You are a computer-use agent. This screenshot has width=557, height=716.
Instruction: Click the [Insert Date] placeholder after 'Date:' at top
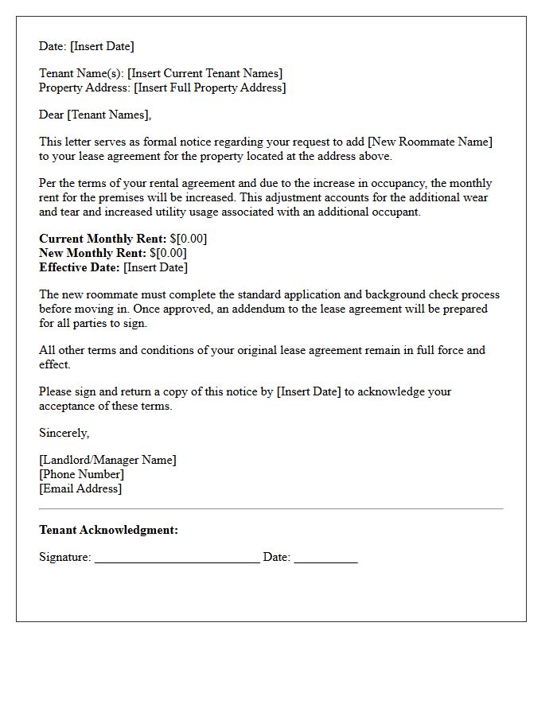click(102, 46)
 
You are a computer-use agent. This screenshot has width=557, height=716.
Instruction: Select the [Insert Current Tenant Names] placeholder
click(204, 73)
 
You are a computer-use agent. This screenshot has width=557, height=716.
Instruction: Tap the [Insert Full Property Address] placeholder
click(210, 88)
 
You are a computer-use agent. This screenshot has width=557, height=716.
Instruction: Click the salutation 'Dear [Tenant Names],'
click(95, 115)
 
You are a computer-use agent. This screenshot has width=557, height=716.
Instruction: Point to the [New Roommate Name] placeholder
click(430, 142)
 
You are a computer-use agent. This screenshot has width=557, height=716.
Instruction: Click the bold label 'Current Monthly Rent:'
click(103, 239)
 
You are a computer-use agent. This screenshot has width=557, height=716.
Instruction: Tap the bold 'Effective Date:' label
click(80, 267)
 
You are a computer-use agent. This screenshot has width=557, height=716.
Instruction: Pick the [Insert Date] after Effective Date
click(156, 267)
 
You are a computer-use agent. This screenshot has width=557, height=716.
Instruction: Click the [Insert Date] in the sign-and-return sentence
click(309, 391)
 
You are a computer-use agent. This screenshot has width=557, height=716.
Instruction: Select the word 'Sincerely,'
click(64, 433)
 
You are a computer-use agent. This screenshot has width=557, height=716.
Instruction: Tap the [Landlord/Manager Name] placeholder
click(107, 460)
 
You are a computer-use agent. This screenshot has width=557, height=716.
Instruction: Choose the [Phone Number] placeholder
click(81, 474)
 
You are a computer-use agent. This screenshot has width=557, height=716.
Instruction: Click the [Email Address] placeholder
click(80, 488)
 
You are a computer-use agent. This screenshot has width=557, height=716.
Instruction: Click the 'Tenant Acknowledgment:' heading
click(108, 530)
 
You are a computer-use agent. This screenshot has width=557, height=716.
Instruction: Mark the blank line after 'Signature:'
click(177, 558)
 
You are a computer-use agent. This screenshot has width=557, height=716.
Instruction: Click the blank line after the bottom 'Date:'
click(325, 558)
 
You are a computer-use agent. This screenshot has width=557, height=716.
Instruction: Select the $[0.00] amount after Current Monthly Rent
click(189, 239)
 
